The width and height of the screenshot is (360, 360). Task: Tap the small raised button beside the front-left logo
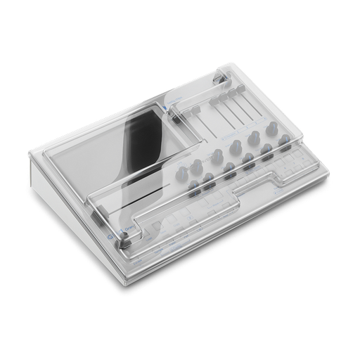(x=124, y=243)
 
